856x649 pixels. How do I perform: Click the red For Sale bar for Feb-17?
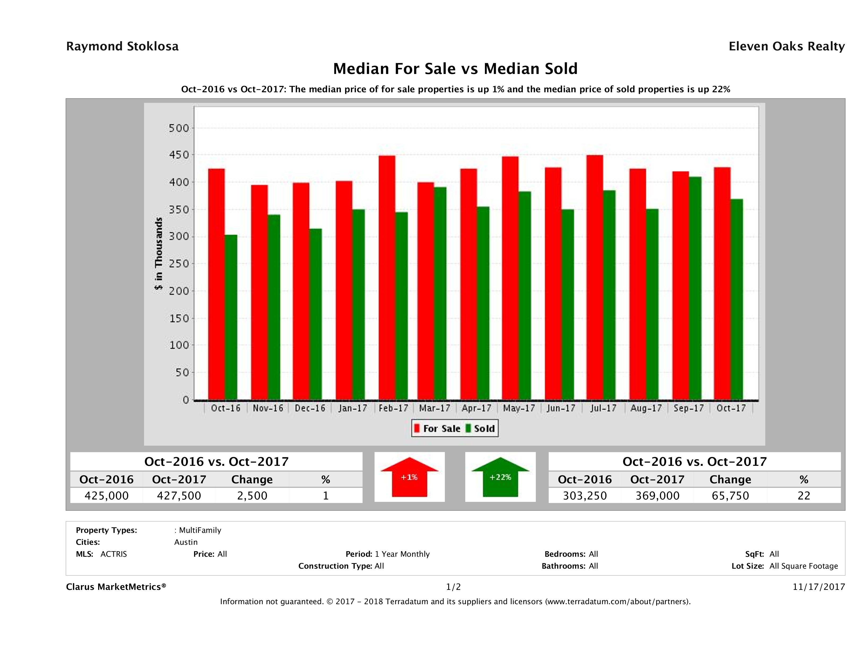point(386,277)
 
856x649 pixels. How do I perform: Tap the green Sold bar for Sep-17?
point(695,288)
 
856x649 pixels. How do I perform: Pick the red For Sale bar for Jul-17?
point(594,277)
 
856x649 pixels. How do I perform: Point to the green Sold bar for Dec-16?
point(315,314)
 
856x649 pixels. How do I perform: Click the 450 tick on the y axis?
point(179,155)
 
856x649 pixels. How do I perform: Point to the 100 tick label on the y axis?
point(179,345)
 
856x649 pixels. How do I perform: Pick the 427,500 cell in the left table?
point(179,495)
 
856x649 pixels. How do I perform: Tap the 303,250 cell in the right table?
point(585,495)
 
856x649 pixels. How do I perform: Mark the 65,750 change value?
point(730,495)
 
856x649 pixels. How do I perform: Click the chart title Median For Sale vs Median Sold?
point(455,69)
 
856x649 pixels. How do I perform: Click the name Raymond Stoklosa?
point(122,46)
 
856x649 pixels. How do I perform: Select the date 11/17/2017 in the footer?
point(818,587)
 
